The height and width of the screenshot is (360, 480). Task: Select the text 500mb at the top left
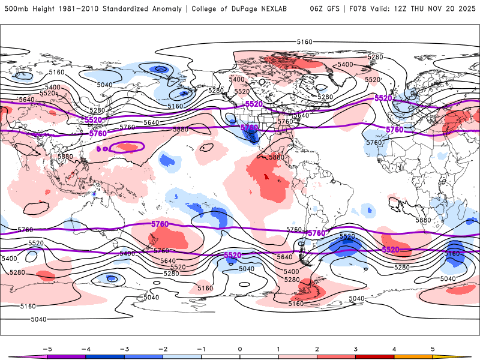(x=15, y=9)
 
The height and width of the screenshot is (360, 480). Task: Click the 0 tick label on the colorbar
(x=240, y=349)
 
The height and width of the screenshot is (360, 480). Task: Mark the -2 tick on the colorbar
(x=163, y=349)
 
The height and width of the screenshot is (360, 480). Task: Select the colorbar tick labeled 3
(x=356, y=349)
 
